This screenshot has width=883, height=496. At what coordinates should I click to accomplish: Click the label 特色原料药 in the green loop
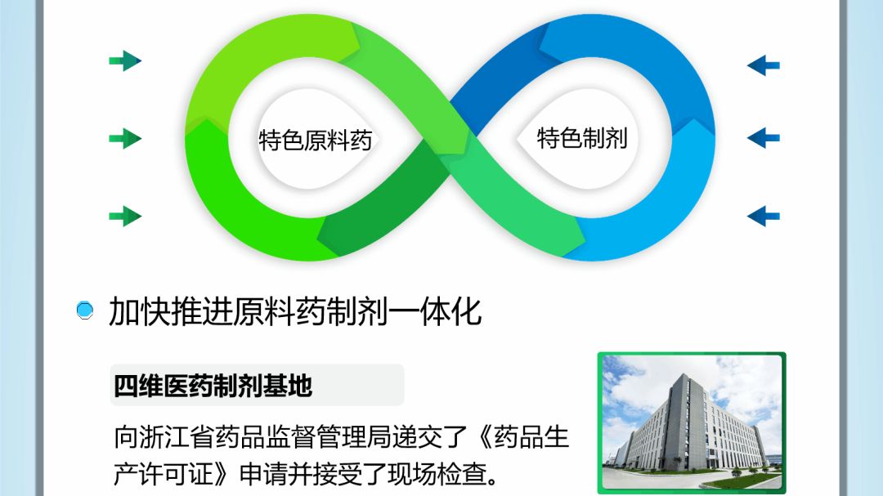pos(316,140)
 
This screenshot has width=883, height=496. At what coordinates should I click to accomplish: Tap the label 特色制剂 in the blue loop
pos(581,137)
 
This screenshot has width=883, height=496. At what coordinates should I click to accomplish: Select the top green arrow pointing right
pos(125,60)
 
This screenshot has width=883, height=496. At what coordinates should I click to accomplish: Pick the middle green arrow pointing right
pos(125,139)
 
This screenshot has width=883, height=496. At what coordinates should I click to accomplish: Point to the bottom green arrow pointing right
pos(125,217)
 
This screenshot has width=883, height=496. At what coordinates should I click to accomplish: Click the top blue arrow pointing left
pos(763,65)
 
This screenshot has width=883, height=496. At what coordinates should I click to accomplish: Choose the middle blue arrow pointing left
pos(763,138)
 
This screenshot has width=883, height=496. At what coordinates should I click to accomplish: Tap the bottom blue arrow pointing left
pos(763,217)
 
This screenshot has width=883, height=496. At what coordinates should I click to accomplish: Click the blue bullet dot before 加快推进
pos(85,311)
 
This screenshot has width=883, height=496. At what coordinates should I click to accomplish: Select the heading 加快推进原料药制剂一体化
pos(295,311)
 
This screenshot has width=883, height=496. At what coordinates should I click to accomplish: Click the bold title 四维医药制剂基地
pos(213,386)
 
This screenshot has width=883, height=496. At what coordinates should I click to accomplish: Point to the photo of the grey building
pos(692,422)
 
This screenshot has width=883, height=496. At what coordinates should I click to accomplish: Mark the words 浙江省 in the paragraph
pos(171,438)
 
